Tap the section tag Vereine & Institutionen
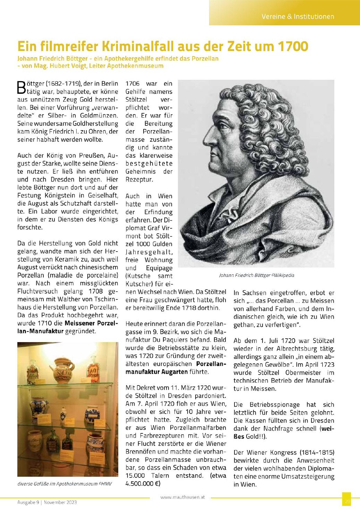click(x=298, y=16)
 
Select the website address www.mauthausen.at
click(x=183, y=497)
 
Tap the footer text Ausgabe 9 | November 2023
click(x=47, y=502)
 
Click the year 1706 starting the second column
click(x=132, y=84)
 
